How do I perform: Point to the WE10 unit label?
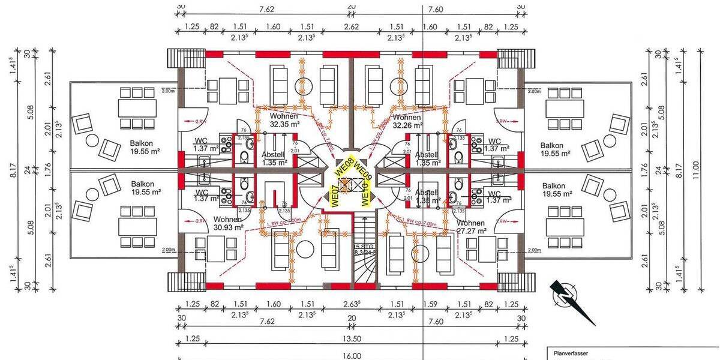click(364, 193)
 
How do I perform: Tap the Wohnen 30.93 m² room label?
click(228, 223)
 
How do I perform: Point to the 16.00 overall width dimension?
click(352, 355)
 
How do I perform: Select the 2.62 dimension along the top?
click(352, 26)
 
